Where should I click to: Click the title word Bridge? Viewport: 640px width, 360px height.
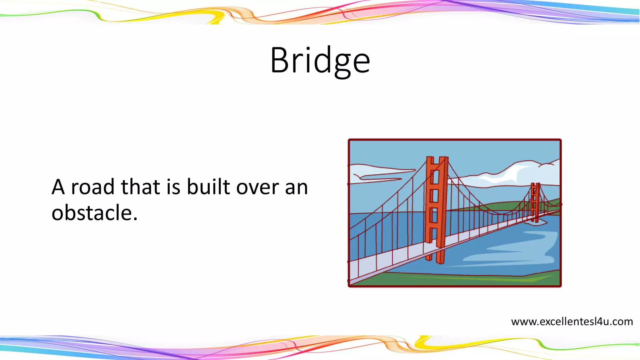[320, 60]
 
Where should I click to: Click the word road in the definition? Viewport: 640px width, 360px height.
[93, 187]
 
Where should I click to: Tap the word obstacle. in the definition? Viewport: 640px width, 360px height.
[94, 213]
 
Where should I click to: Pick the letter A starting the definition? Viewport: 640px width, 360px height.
[58, 187]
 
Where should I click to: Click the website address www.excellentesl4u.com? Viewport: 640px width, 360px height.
[572, 322]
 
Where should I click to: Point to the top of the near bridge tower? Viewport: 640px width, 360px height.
[437, 160]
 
